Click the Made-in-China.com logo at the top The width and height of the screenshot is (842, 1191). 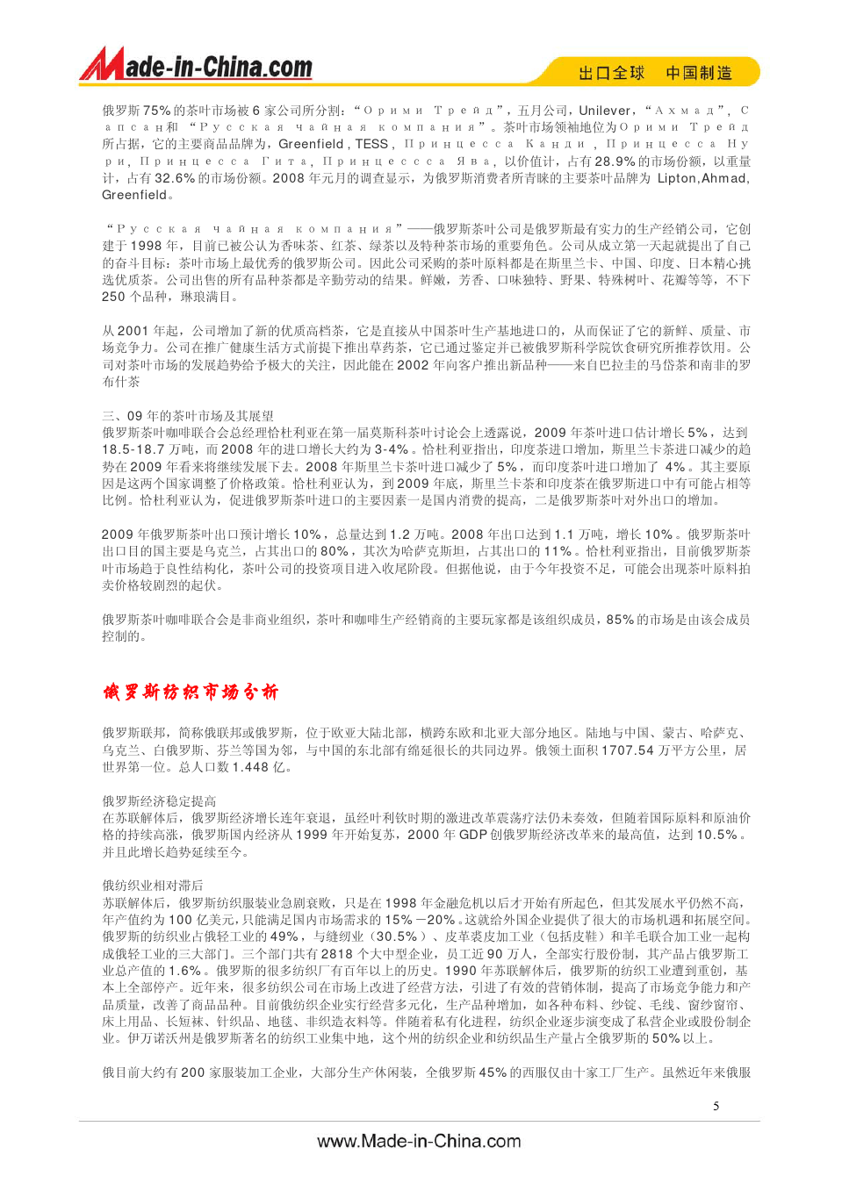197,66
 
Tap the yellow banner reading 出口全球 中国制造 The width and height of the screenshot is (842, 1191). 654,73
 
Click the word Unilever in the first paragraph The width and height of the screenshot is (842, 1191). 605,111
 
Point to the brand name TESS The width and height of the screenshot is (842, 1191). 371,144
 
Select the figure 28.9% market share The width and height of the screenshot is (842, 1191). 615,161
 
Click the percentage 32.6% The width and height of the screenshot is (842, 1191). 175,178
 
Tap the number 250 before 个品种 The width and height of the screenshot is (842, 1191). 113,297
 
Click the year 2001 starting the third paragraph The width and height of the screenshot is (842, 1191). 133,331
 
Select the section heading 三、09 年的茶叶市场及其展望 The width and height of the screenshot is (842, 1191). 188,416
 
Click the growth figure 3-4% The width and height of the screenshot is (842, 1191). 392,449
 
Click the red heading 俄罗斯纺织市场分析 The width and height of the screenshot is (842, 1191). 191,692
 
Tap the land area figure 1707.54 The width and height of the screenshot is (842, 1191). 628,750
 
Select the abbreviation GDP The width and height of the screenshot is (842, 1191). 473,835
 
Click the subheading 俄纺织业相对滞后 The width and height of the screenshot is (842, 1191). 153,886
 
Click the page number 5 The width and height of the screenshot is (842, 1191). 716,1106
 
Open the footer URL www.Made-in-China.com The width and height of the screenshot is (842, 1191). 419,1141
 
